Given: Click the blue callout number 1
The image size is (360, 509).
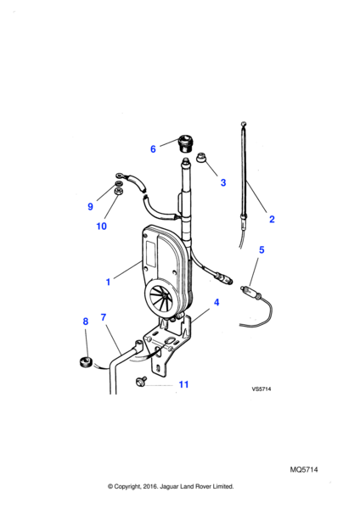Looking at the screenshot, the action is pyautogui.click(x=108, y=282).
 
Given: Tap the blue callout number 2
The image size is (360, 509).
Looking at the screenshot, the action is pyautogui.click(x=272, y=219).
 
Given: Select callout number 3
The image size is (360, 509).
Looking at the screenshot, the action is pyautogui.click(x=223, y=182).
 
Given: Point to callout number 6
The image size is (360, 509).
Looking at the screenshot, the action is pyautogui.click(x=153, y=149).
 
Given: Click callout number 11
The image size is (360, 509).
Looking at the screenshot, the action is pyautogui.click(x=184, y=384).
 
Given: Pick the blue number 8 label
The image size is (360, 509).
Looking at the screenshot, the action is pyautogui.click(x=86, y=322).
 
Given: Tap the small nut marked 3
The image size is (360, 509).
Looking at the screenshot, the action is pyautogui.click(x=200, y=158).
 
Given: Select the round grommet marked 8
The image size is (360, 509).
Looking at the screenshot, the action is pyautogui.click(x=86, y=361).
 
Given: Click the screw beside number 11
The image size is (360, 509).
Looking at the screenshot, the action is pyautogui.click(x=141, y=381).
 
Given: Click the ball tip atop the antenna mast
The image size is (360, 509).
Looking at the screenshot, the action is pyautogui.click(x=244, y=124).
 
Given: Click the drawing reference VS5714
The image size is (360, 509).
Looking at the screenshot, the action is pyautogui.click(x=262, y=389).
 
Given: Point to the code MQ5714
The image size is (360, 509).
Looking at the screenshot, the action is pyautogui.click(x=304, y=470).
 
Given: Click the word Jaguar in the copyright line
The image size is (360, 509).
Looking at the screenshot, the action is pyautogui.click(x=169, y=487).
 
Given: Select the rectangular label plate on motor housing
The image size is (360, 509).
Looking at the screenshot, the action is pyautogui.click(x=150, y=250).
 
